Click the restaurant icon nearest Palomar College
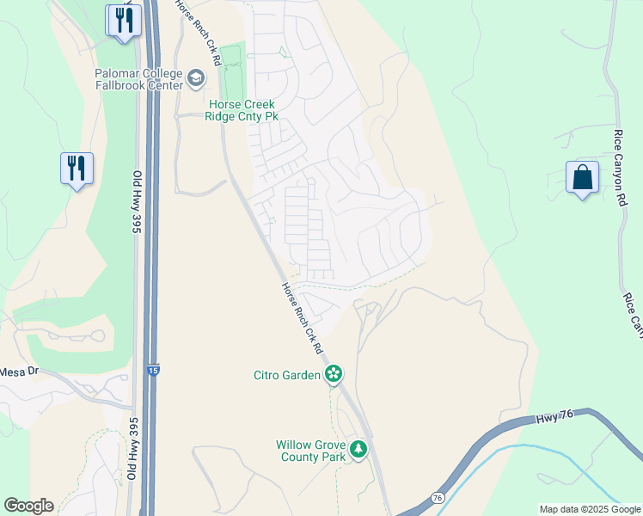pos(124,20)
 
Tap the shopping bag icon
pos(582,178)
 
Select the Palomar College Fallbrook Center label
pos(139,79)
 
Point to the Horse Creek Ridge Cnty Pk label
pos(242,109)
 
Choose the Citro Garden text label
pos(285,374)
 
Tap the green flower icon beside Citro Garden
pos(334,374)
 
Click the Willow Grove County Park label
pos(310,451)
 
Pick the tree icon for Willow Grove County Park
pos(358,449)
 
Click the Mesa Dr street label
pos(19,372)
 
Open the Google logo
pos(28,506)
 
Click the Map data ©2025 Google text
pos(590,509)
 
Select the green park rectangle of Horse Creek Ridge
pos(230,73)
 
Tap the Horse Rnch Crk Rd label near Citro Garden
pos(302,319)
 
